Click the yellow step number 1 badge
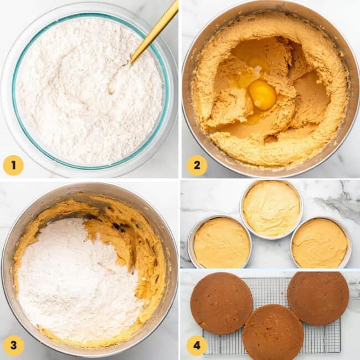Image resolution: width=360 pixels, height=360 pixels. click(13, 165)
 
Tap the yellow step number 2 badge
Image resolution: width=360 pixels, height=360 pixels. click(197, 165)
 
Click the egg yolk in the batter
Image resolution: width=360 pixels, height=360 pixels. click(262, 94)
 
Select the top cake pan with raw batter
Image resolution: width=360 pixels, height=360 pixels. click(271, 209)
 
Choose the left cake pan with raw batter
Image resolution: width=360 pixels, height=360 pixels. click(221, 243)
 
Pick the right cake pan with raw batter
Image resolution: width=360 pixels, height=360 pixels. click(320, 243)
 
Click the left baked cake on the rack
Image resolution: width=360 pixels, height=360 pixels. click(221, 303)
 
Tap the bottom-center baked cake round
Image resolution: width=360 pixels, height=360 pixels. click(272, 332)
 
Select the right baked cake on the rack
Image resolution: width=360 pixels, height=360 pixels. click(318, 297)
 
